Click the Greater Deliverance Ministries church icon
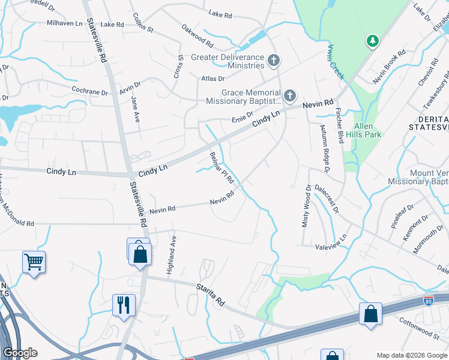point(274,60)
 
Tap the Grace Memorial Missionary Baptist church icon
point(290,95)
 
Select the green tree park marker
point(373,41)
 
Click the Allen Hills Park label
point(364,130)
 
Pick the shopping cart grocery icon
point(34,262)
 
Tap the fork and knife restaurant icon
point(124,304)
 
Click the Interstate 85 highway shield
point(429,299)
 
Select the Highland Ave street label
point(173,251)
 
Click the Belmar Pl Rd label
point(221,169)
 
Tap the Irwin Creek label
point(336,61)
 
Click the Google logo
point(20,353)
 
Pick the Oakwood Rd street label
point(197,37)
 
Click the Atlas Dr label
point(213,79)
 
